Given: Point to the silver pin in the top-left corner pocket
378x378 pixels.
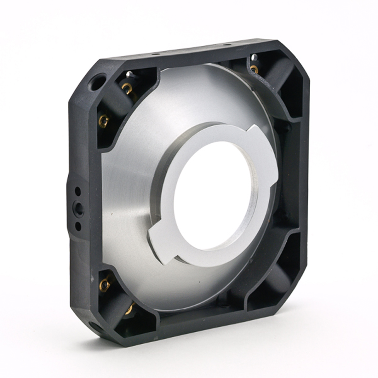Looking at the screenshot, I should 129,74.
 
